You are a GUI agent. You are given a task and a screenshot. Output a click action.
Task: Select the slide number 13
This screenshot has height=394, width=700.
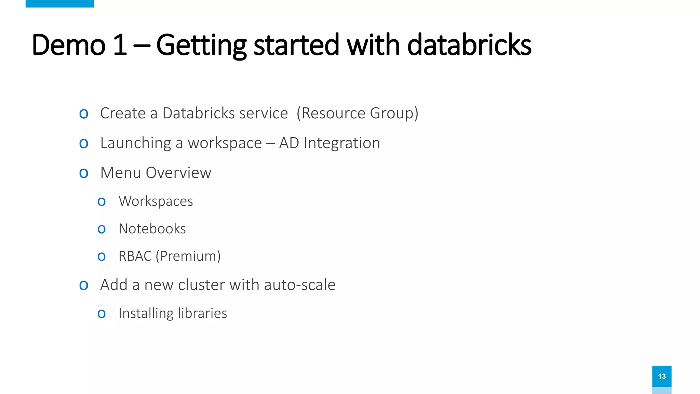(x=662, y=376)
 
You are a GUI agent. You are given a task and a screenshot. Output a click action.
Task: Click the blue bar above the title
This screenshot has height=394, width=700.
(x=59, y=3)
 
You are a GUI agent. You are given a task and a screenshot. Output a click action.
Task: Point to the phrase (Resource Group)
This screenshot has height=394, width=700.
(x=358, y=113)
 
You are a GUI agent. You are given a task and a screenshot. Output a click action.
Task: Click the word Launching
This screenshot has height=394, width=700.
(x=136, y=143)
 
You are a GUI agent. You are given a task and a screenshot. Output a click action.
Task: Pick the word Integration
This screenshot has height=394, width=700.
(x=342, y=143)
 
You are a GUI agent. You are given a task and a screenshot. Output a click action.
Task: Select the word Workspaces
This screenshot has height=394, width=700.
(x=156, y=201)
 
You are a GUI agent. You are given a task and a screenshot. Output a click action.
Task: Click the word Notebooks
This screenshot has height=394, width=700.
(x=152, y=228)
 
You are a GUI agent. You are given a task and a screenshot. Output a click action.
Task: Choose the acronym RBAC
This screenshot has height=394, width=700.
(x=135, y=256)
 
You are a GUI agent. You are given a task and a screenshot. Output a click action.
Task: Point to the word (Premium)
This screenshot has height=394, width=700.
(x=188, y=256)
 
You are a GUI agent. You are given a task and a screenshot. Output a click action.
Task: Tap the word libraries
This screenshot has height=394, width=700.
(x=202, y=313)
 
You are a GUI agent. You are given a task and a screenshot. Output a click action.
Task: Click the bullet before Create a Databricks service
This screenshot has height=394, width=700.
(x=84, y=114)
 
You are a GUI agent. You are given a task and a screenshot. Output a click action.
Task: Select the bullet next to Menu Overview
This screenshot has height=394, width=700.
(x=84, y=173)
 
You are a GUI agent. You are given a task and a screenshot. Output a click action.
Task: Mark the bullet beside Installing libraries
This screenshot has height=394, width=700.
(x=102, y=314)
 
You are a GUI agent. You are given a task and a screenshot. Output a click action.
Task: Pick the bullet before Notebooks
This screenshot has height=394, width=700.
(x=102, y=229)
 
